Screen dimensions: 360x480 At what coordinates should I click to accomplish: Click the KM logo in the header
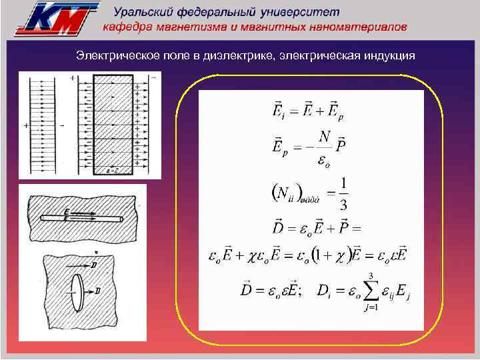[57, 17]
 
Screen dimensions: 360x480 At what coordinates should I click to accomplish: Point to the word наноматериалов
[362, 27]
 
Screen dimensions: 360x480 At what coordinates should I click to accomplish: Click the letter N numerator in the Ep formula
[325, 136]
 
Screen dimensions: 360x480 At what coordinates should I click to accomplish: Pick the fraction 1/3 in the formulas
[343, 192]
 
